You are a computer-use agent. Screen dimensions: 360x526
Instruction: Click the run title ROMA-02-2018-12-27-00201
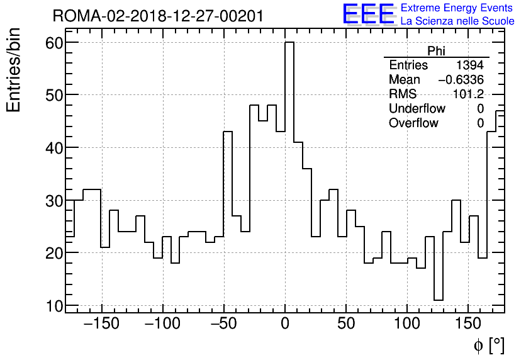pos(158,16)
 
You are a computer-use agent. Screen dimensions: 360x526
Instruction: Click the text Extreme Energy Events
pos(457,8)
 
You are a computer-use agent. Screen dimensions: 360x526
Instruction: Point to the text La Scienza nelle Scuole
pos(457,21)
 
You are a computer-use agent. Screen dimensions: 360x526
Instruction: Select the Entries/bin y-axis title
pos(14,70)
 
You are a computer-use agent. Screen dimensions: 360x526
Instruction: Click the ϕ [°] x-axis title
pos(488,345)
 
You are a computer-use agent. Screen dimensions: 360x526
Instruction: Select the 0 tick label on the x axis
pos(285,325)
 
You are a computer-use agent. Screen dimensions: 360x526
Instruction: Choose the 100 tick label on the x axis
pos(408,325)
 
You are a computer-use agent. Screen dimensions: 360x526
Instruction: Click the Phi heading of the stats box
pos(436,51)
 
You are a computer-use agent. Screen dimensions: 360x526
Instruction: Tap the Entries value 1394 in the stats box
pos(470,65)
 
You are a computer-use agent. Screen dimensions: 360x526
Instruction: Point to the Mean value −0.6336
pos(461,80)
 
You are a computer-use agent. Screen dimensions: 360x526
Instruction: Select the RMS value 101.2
pos(469,94)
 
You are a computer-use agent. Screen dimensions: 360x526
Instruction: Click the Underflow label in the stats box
pos(417,109)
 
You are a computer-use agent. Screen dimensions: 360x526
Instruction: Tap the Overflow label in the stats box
pos(413,123)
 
